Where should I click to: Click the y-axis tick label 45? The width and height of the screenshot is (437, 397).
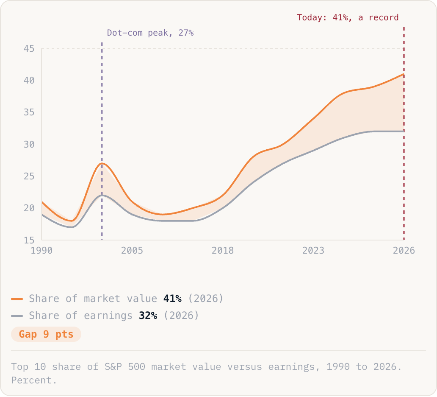[29, 49]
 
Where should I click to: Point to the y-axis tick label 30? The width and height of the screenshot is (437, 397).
[29, 144]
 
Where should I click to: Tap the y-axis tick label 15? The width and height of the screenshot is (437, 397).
[29, 240]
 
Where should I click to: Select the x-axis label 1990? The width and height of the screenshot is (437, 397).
[41, 250]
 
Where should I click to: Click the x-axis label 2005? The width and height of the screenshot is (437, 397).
[132, 250]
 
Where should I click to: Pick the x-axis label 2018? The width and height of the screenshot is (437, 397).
[223, 250]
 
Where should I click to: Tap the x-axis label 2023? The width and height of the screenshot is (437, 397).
[313, 250]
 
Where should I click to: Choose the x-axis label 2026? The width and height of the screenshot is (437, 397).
[404, 250]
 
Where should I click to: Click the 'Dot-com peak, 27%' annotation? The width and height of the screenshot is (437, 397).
[150, 33]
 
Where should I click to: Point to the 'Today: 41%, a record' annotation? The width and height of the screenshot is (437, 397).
[348, 17]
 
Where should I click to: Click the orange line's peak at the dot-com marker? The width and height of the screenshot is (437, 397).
[102, 163]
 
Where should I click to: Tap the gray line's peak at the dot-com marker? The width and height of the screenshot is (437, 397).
[102, 195]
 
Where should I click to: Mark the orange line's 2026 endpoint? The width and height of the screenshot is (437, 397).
[404, 74]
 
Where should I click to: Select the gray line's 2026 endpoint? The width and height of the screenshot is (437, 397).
[404, 131]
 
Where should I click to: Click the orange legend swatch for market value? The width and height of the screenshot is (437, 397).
[17, 299]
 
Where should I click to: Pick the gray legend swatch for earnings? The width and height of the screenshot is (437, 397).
[17, 316]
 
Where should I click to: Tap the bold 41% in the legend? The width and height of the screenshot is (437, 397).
[172, 299]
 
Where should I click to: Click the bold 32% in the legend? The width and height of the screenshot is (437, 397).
[148, 316]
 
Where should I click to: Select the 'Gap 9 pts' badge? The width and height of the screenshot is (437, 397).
[46, 334]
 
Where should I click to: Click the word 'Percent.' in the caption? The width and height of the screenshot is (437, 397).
[34, 380]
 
